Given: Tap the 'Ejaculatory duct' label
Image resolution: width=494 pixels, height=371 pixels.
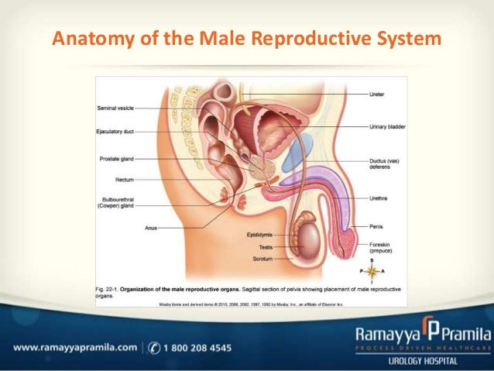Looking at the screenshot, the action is (116, 132).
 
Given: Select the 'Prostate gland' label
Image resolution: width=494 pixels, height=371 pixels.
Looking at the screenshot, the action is (117, 159).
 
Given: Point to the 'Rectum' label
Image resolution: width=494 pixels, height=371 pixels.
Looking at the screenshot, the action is (125, 179).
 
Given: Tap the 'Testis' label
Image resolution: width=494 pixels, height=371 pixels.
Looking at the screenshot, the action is (265, 246).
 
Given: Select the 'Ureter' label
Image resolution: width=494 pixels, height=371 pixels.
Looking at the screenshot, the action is (379, 94).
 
